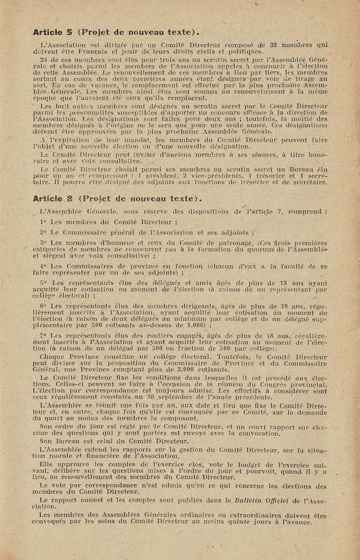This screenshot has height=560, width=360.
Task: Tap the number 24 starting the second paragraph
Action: point(44,60)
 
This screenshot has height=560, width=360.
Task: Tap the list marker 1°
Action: point(44,222)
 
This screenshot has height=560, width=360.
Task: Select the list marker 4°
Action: point(44,266)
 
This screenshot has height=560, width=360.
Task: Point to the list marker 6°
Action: point(44,306)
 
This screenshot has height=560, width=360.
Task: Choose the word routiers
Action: point(150,336)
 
